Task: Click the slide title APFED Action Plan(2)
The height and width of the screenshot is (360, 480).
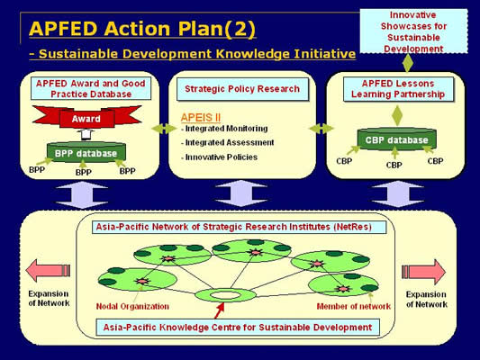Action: (142, 29)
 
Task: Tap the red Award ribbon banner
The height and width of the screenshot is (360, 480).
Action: (86, 117)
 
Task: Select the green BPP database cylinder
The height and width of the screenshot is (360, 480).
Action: (86, 152)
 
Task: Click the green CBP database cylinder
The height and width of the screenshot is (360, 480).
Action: (397, 139)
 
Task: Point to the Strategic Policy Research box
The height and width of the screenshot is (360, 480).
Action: (242, 89)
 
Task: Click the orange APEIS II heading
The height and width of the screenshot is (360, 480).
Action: (201, 118)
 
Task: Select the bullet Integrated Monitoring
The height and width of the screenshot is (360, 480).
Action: (224, 129)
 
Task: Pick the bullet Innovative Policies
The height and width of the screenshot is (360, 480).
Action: (219, 157)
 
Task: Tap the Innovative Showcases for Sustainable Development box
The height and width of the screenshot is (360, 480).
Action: (413, 31)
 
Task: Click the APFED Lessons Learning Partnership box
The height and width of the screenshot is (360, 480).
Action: (398, 89)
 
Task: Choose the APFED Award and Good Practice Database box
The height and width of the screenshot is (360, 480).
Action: (91, 89)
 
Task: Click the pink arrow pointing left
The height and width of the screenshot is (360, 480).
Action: (48, 270)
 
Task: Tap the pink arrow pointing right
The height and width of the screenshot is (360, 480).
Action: (423, 271)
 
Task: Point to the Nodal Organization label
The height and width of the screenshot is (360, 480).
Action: (132, 306)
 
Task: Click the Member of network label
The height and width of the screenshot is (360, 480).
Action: (354, 306)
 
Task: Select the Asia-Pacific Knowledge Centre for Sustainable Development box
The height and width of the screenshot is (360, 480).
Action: (238, 328)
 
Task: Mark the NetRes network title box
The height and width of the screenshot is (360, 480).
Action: (239, 227)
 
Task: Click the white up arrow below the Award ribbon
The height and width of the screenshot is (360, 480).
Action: (86, 134)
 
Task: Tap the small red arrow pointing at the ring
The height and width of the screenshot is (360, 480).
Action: (219, 310)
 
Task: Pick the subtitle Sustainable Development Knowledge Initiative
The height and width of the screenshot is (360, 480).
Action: (193, 54)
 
